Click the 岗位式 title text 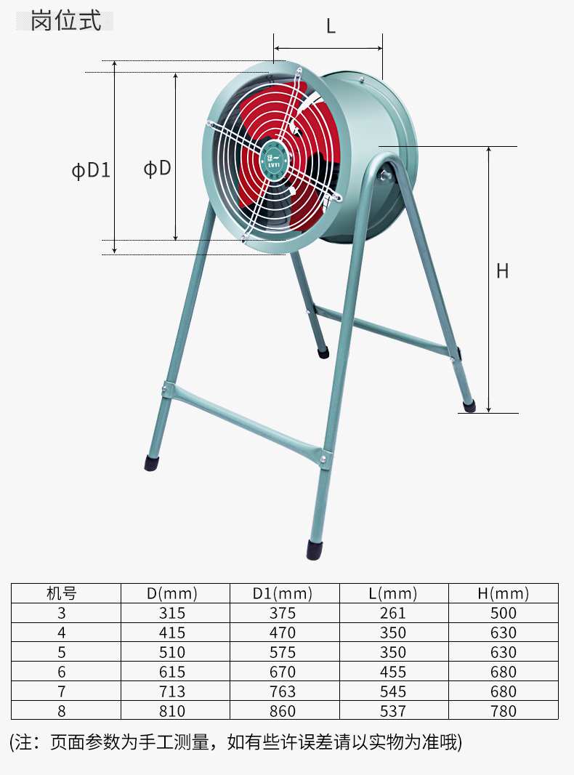pyautogui.click(x=65, y=21)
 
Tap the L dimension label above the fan pyautogui.click(x=331, y=25)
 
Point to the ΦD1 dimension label pyautogui.click(x=91, y=171)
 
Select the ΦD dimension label pyautogui.click(x=157, y=169)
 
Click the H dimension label pyautogui.click(x=502, y=271)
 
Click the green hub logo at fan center pyautogui.click(x=274, y=160)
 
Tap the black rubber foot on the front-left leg pyautogui.click(x=152, y=463)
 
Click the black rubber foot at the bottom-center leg pyautogui.click(x=314, y=550)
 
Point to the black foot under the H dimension pyautogui.click(x=469, y=406)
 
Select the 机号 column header pyautogui.click(x=61, y=593)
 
